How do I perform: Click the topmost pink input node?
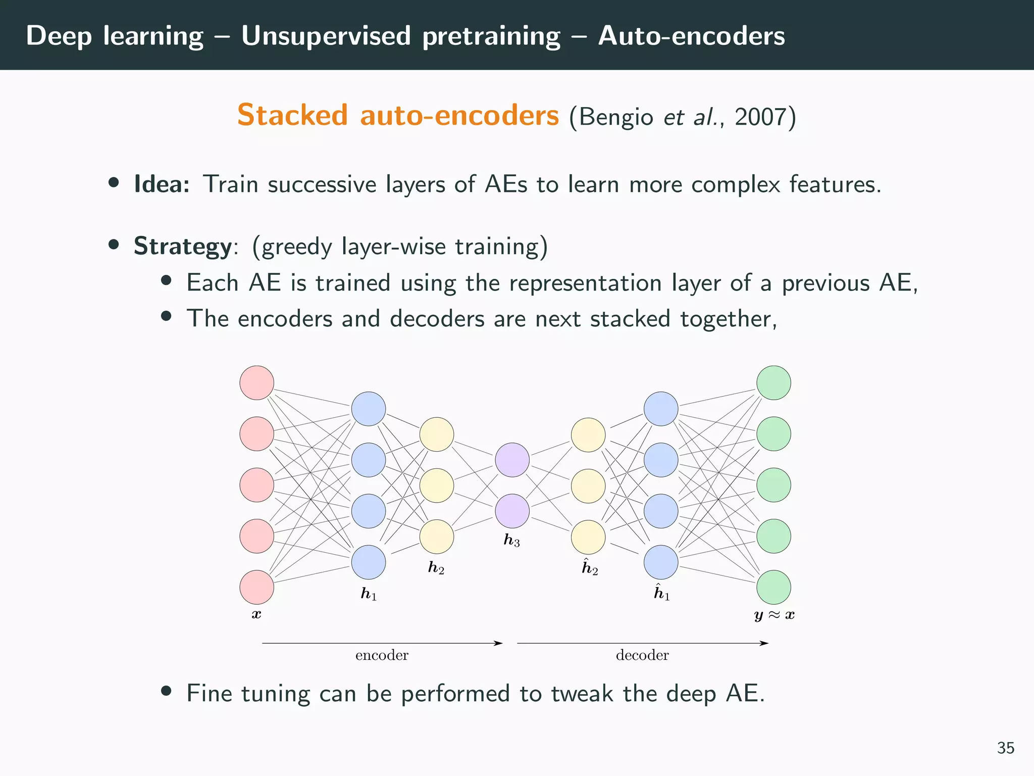tap(256, 383)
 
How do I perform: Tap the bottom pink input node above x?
tap(256, 587)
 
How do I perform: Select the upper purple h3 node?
tap(512, 460)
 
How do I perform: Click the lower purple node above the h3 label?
tap(512, 511)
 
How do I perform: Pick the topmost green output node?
tap(773, 383)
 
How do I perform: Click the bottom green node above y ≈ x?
tap(773, 587)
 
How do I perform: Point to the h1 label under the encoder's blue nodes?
tap(369, 594)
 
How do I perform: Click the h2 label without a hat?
tap(436, 568)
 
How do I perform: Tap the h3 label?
tap(511, 541)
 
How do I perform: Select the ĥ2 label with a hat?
tap(590, 567)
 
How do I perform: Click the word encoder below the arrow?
tap(382, 655)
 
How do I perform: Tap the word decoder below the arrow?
tap(642, 655)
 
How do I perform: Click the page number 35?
tap(1005, 748)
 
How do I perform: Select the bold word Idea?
tap(162, 184)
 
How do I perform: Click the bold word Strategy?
tap(182, 247)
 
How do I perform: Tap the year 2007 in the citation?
tap(760, 117)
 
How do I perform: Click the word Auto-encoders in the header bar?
tap(691, 36)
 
